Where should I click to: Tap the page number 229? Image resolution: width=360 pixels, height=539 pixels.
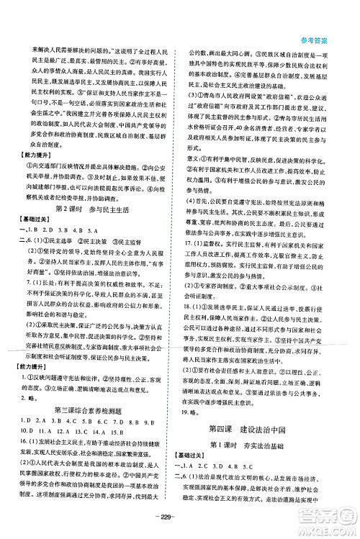point(179,520)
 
